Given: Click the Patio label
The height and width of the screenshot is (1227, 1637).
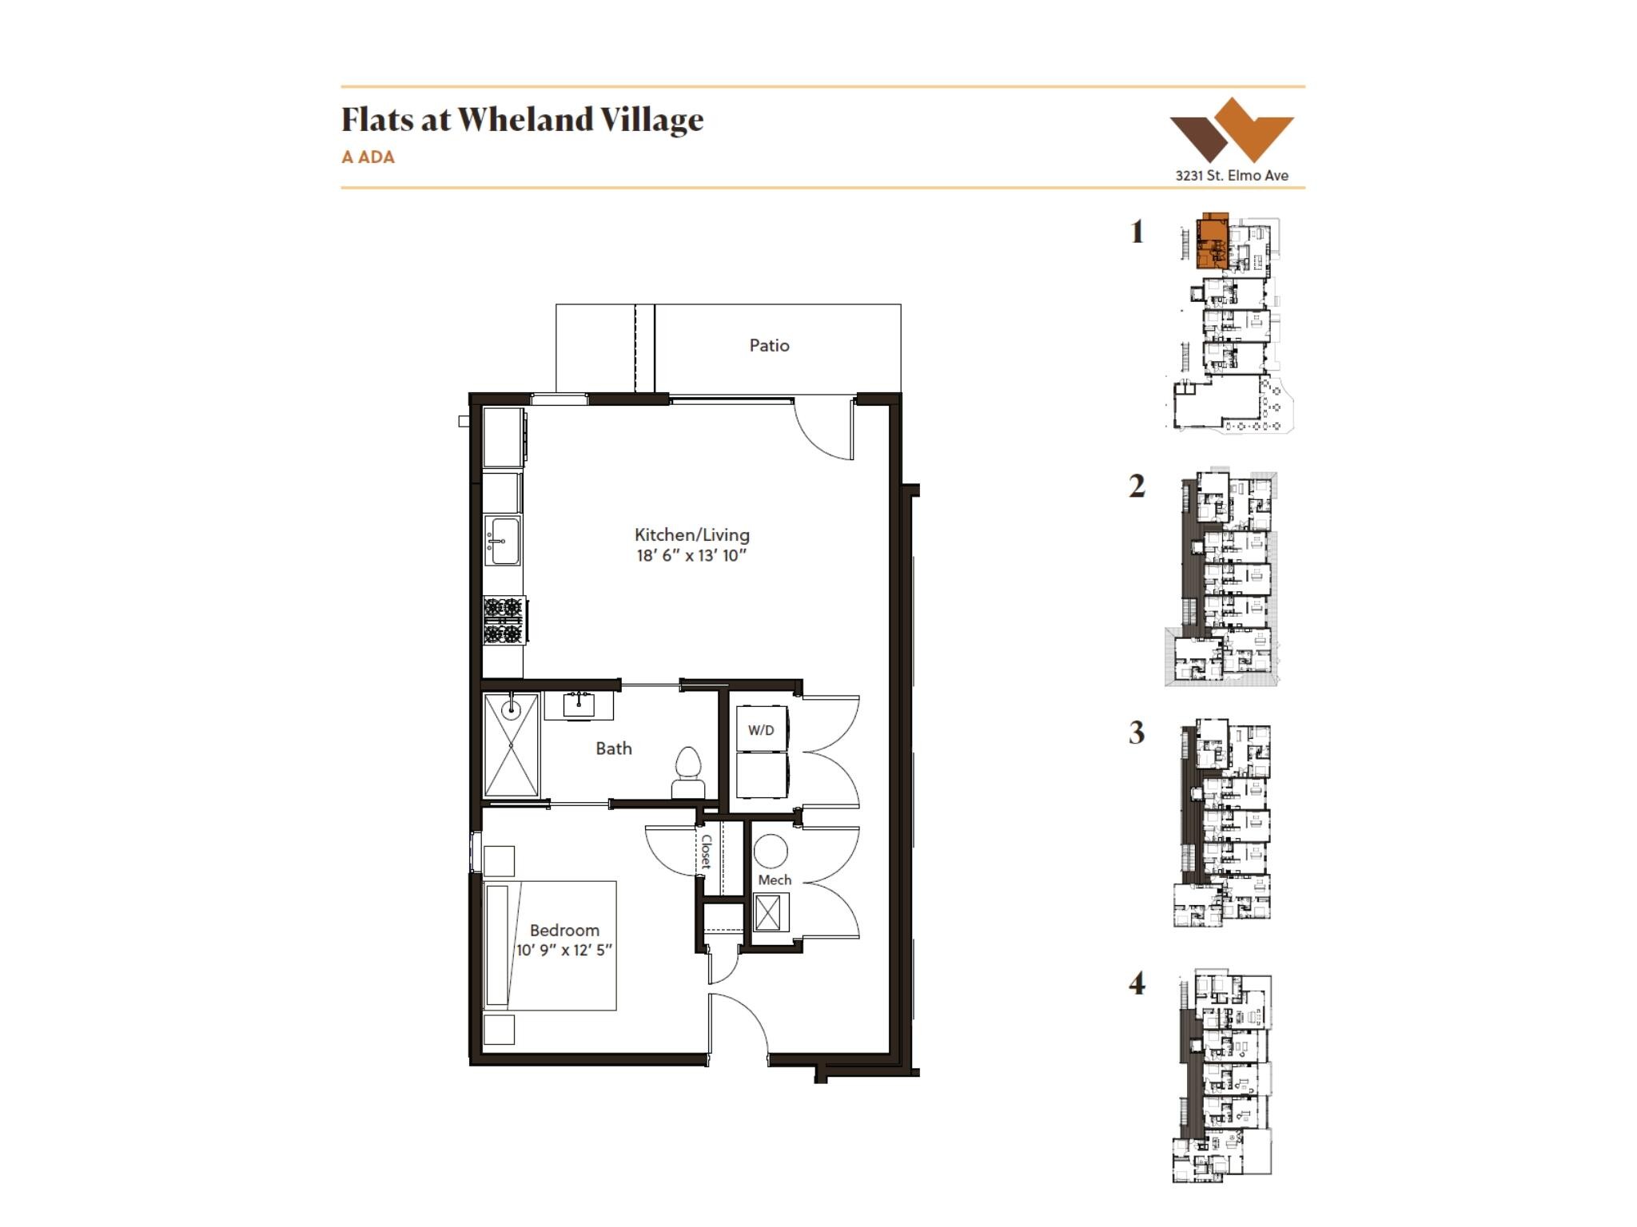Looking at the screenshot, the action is pyautogui.click(x=769, y=346).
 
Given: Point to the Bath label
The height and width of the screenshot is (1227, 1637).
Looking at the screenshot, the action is pyautogui.click(x=614, y=749).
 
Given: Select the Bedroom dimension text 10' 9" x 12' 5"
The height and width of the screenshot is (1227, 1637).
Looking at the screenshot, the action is pyautogui.click(x=564, y=950).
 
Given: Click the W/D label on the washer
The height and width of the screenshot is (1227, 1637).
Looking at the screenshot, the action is pyautogui.click(x=761, y=730).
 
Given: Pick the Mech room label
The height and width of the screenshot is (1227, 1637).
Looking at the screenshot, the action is pyautogui.click(x=775, y=880).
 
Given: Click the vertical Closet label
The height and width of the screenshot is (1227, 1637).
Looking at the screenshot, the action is pyautogui.click(x=707, y=852).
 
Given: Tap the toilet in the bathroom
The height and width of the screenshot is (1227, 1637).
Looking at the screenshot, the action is pyautogui.click(x=688, y=772).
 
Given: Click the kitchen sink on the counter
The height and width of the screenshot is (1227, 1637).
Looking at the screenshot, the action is pyautogui.click(x=503, y=541).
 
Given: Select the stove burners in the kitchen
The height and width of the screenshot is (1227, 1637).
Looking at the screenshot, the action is pyautogui.click(x=504, y=621).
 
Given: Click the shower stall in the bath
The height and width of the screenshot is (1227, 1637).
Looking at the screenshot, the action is pyautogui.click(x=512, y=745).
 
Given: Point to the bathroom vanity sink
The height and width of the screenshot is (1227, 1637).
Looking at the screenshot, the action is pyautogui.click(x=580, y=705).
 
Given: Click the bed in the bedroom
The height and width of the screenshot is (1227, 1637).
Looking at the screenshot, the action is pyautogui.click(x=551, y=946).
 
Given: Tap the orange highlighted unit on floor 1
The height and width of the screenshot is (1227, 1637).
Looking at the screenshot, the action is pyautogui.click(x=1212, y=240).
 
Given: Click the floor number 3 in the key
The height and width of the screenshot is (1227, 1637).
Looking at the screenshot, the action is pyautogui.click(x=1137, y=733).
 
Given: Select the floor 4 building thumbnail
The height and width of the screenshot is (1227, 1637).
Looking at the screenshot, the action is pyautogui.click(x=1223, y=1076).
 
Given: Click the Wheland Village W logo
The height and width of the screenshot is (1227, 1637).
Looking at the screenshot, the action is pyautogui.click(x=1232, y=129).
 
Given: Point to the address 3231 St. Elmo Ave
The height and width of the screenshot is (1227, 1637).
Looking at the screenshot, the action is pyautogui.click(x=1232, y=176).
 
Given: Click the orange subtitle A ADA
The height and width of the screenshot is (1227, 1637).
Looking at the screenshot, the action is pyautogui.click(x=368, y=157).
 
